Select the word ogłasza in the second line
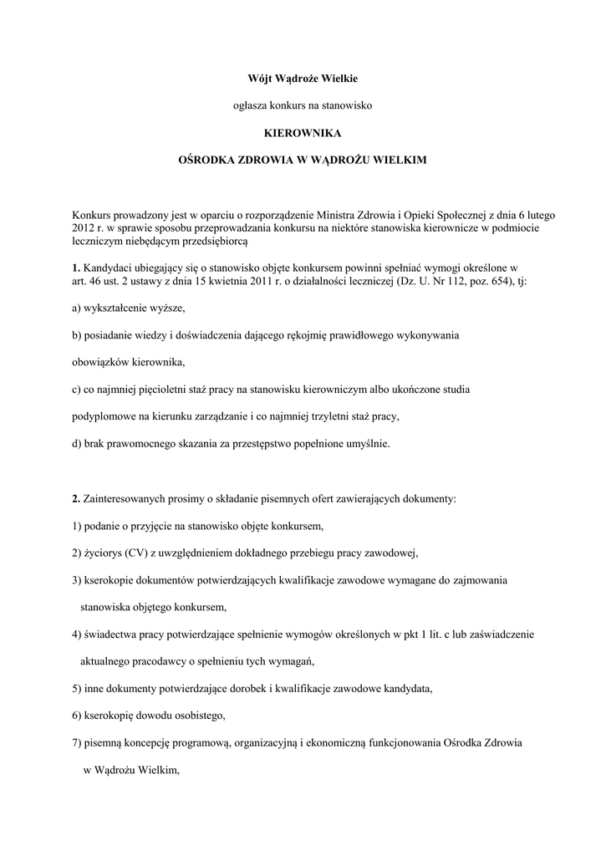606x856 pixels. [249, 105]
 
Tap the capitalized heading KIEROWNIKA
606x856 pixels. [303, 132]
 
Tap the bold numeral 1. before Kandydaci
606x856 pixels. [76, 267]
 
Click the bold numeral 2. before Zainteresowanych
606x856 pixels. [76, 498]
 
